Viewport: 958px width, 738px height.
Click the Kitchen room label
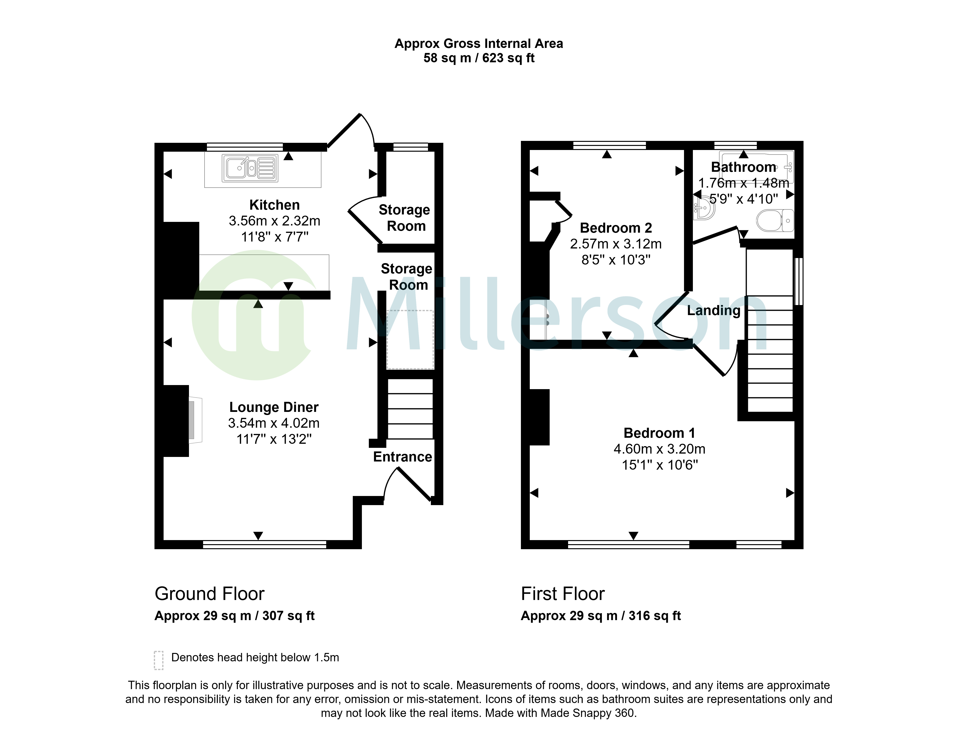point(275,205)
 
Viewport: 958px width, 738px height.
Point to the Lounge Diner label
point(274,407)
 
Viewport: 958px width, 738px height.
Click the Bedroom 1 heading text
point(659,433)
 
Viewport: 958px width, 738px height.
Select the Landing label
point(714,311)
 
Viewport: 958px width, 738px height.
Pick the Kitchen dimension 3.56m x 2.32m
point(275,221)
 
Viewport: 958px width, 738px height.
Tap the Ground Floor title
point(210,594)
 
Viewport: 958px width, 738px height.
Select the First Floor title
point(563,594)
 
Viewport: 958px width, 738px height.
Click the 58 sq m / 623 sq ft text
point(479,58)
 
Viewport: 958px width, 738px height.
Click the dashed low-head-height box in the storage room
point(410,340)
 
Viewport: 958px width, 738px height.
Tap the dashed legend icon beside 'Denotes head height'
point(159,660)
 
